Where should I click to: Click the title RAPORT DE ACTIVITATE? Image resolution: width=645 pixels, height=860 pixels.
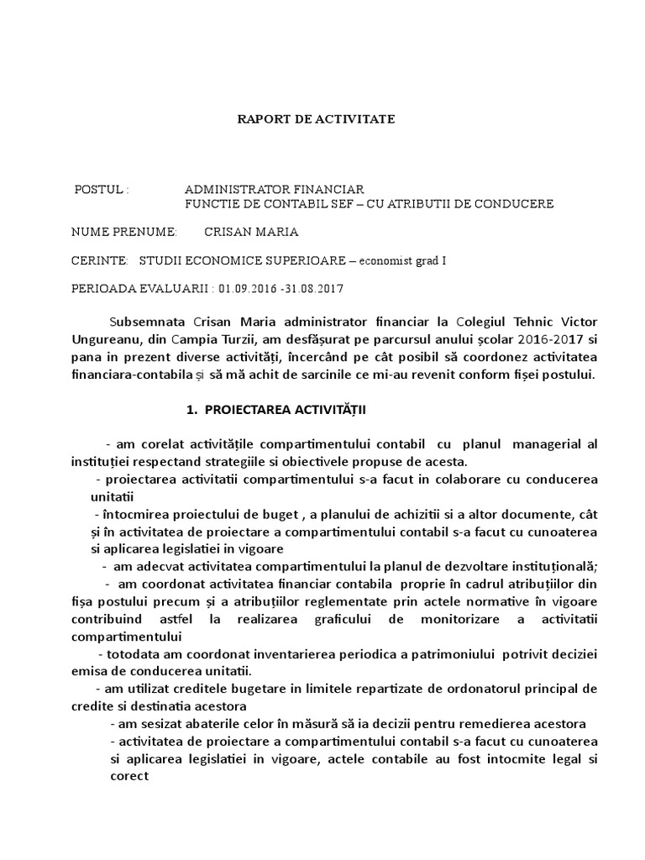click(x=315, y=120)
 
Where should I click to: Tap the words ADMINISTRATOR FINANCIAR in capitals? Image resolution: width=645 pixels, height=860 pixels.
click(x=274, y=190)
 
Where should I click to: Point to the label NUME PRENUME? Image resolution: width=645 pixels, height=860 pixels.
click(x=124, y=232)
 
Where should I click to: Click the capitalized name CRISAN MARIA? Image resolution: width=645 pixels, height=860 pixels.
click(x=251, y=232)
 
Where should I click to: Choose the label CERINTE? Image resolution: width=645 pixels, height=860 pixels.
click(x=100, y=260)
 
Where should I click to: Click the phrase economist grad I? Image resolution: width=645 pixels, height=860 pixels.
click(x=404, y=260)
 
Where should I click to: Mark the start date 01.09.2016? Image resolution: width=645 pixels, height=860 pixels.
click(x=248, y=289)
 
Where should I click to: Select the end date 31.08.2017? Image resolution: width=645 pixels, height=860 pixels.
click(x=315, y=289)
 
